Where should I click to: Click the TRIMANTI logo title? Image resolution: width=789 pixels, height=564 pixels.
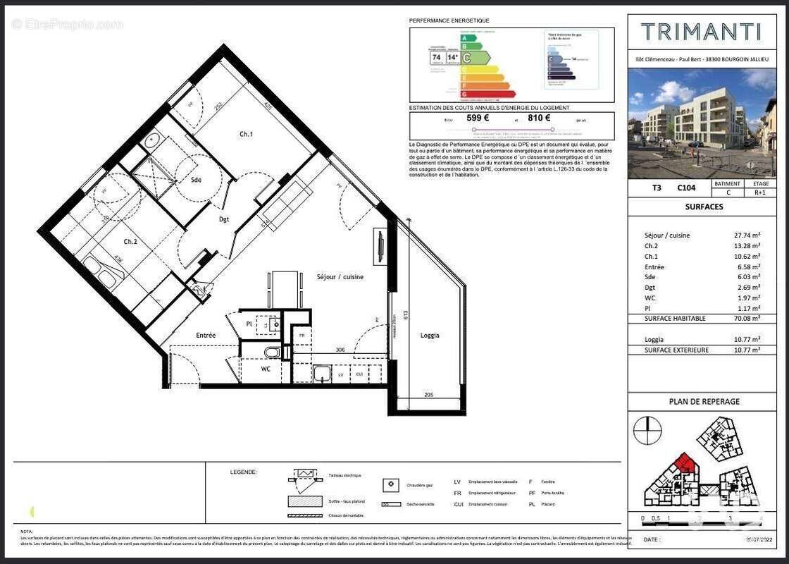(x=700, y=32)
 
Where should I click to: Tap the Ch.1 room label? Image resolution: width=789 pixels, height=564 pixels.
(x=246, y=134)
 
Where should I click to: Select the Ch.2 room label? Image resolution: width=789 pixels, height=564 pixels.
(x=130, y=242)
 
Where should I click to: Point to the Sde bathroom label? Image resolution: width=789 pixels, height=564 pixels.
(x=196, y=180)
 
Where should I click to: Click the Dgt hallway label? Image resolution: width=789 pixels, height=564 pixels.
(x=224, y=219)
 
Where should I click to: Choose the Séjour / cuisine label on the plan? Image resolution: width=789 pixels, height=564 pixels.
(x=340, y=277)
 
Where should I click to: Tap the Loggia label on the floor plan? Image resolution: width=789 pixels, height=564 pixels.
(x=430, y=336)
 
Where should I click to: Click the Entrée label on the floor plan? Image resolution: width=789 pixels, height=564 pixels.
(x=205, y=336)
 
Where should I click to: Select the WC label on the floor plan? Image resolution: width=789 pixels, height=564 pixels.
(x=266, y=368)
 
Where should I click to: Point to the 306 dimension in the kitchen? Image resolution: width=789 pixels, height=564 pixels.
(x=340, y=350)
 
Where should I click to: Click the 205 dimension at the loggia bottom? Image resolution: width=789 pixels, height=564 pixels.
(x=428, y=396)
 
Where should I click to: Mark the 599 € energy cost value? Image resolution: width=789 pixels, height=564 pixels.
(x=478, y=118)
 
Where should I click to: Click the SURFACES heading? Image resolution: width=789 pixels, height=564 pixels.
(x=704, y=207)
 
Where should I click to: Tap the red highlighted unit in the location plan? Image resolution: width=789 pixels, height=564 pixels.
(x=684, y=465)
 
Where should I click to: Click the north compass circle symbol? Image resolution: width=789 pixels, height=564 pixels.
(x=647, y=430)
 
